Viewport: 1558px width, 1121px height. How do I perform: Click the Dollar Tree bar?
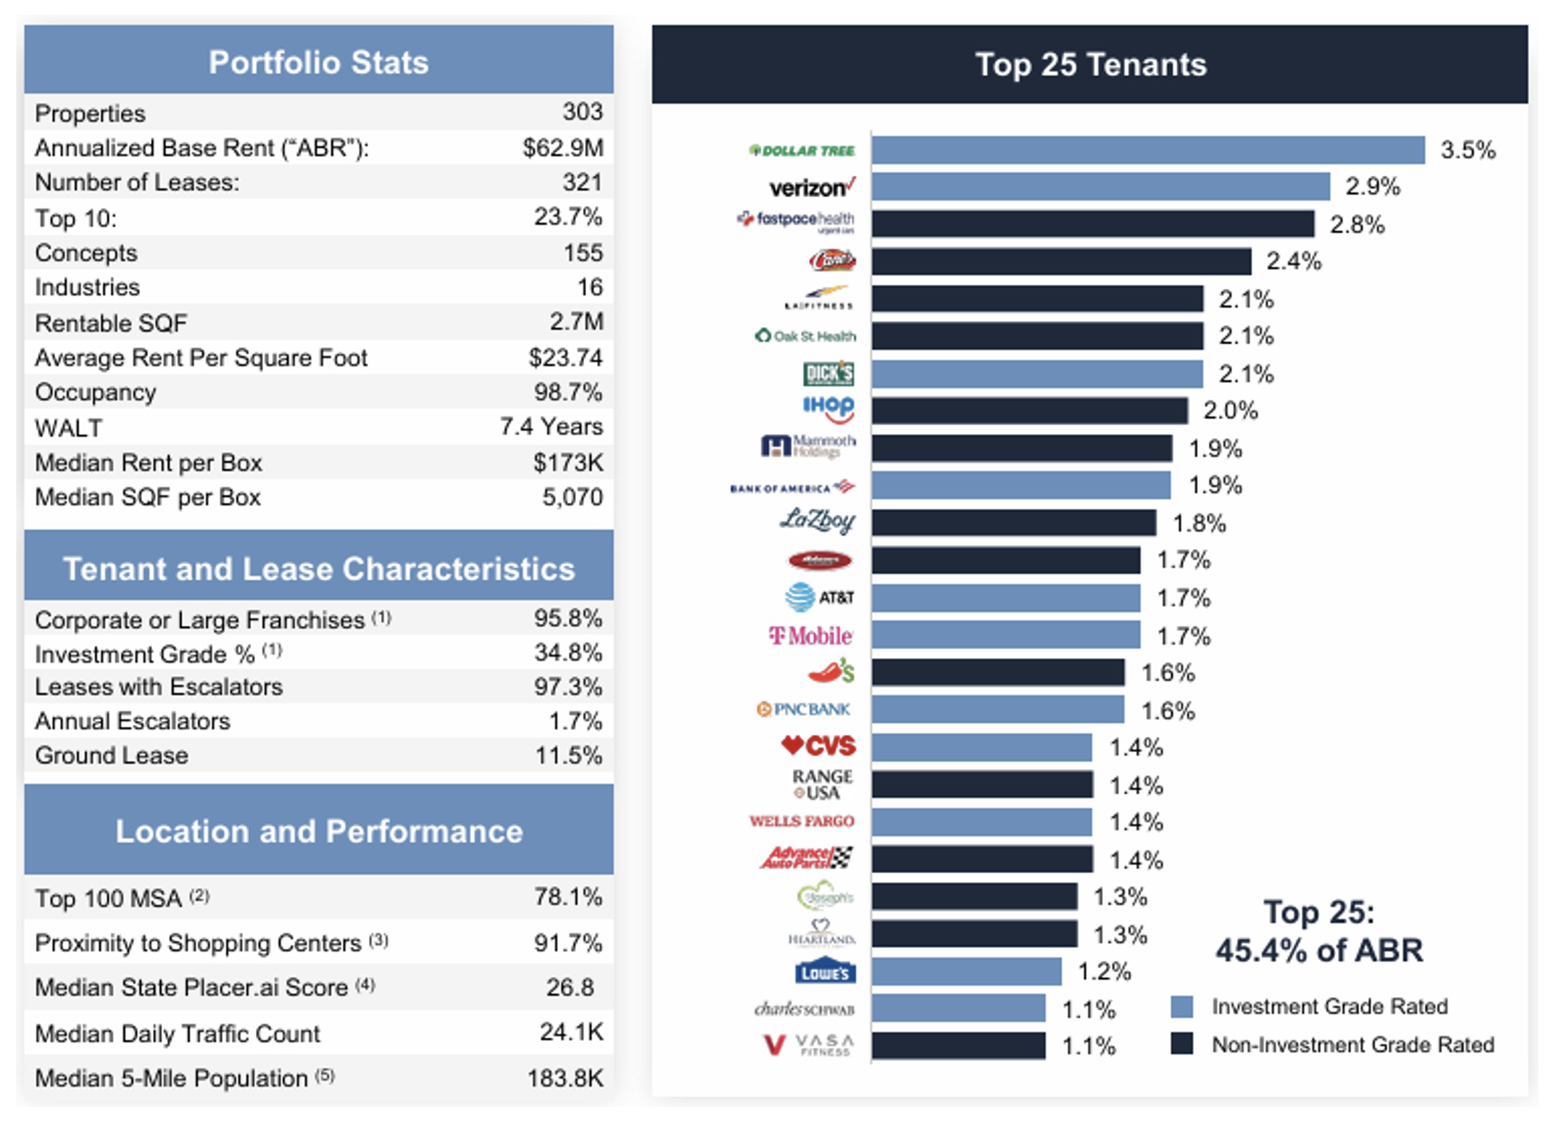1147,150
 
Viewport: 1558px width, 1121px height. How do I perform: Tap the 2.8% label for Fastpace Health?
1356,225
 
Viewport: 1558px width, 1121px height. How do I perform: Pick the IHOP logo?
828,409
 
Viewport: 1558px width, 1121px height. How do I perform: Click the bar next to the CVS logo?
981,747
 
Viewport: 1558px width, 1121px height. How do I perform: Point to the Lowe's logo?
825,971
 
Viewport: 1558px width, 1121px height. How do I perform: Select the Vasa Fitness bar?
958,1045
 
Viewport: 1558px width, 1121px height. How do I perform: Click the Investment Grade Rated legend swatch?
1182,1007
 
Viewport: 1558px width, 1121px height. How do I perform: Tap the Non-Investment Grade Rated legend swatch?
1182,1044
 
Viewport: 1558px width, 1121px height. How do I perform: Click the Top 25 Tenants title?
1090,64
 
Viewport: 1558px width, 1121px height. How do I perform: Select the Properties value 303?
582,111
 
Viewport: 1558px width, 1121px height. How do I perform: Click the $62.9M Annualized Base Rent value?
562,147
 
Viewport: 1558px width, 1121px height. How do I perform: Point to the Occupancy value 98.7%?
567,391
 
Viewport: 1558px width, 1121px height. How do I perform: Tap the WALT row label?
68,428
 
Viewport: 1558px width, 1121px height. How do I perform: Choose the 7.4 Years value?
551,426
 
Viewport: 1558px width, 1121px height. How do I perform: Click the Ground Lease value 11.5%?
568,755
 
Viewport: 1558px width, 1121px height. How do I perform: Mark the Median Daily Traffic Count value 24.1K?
571,1032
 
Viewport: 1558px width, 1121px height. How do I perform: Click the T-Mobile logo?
811,636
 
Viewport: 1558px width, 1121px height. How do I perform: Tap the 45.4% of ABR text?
1319,950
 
